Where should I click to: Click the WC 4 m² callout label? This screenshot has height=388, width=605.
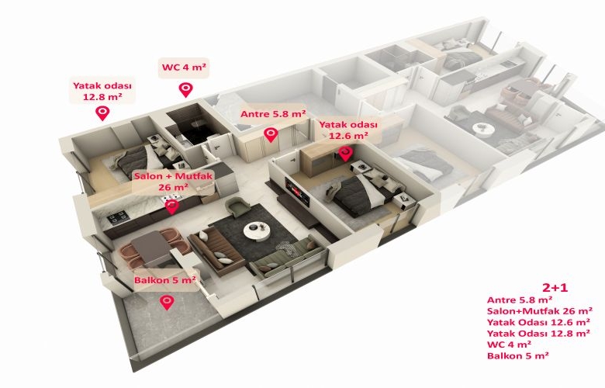coord(184,68)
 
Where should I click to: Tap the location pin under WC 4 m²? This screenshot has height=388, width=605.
coord(185,89)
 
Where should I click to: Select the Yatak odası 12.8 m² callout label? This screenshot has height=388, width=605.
coord(102,91)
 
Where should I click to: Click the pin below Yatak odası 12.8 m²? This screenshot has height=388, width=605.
coord(102,113)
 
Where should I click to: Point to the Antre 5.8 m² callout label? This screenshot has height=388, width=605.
coord(273,114)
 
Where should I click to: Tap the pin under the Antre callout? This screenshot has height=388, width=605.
coord(271,135)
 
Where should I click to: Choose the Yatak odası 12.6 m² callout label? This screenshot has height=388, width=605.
coord(348,130)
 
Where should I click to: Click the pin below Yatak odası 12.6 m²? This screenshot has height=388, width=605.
coord(345,154)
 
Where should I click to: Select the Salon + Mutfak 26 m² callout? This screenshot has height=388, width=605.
coord(173,182)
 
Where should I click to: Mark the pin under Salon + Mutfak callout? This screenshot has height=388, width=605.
coord(172,206)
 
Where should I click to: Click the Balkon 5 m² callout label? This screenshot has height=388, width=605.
coord(165,279)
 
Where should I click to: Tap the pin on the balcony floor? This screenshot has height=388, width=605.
coord(167,301)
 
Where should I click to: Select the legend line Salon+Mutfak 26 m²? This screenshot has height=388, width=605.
coord(540,310)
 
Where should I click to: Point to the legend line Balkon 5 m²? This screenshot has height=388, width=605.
coord(518,355)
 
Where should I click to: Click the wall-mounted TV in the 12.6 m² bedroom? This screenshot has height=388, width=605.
coord(297,190)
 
